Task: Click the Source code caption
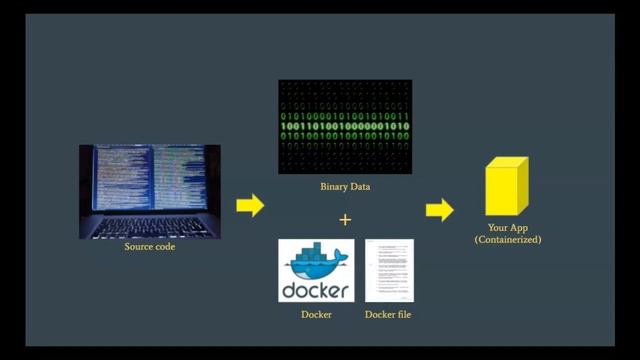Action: (x=149, y=246)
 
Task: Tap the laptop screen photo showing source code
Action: (x=149, y=180)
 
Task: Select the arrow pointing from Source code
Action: (x=250, y=206)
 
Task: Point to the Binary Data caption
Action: (x=345, y=185)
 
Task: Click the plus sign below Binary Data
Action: (x=345, y=219)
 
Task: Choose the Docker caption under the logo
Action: (x=315, y=316)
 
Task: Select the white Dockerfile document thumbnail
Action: (x=389, y=271)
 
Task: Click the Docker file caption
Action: (x=389, y=316)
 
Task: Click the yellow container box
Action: (x=506, y=191)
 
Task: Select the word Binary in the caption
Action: (x=332, y=185)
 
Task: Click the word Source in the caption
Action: (x=136, y=246)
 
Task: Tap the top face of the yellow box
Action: (x=509, y=163)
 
